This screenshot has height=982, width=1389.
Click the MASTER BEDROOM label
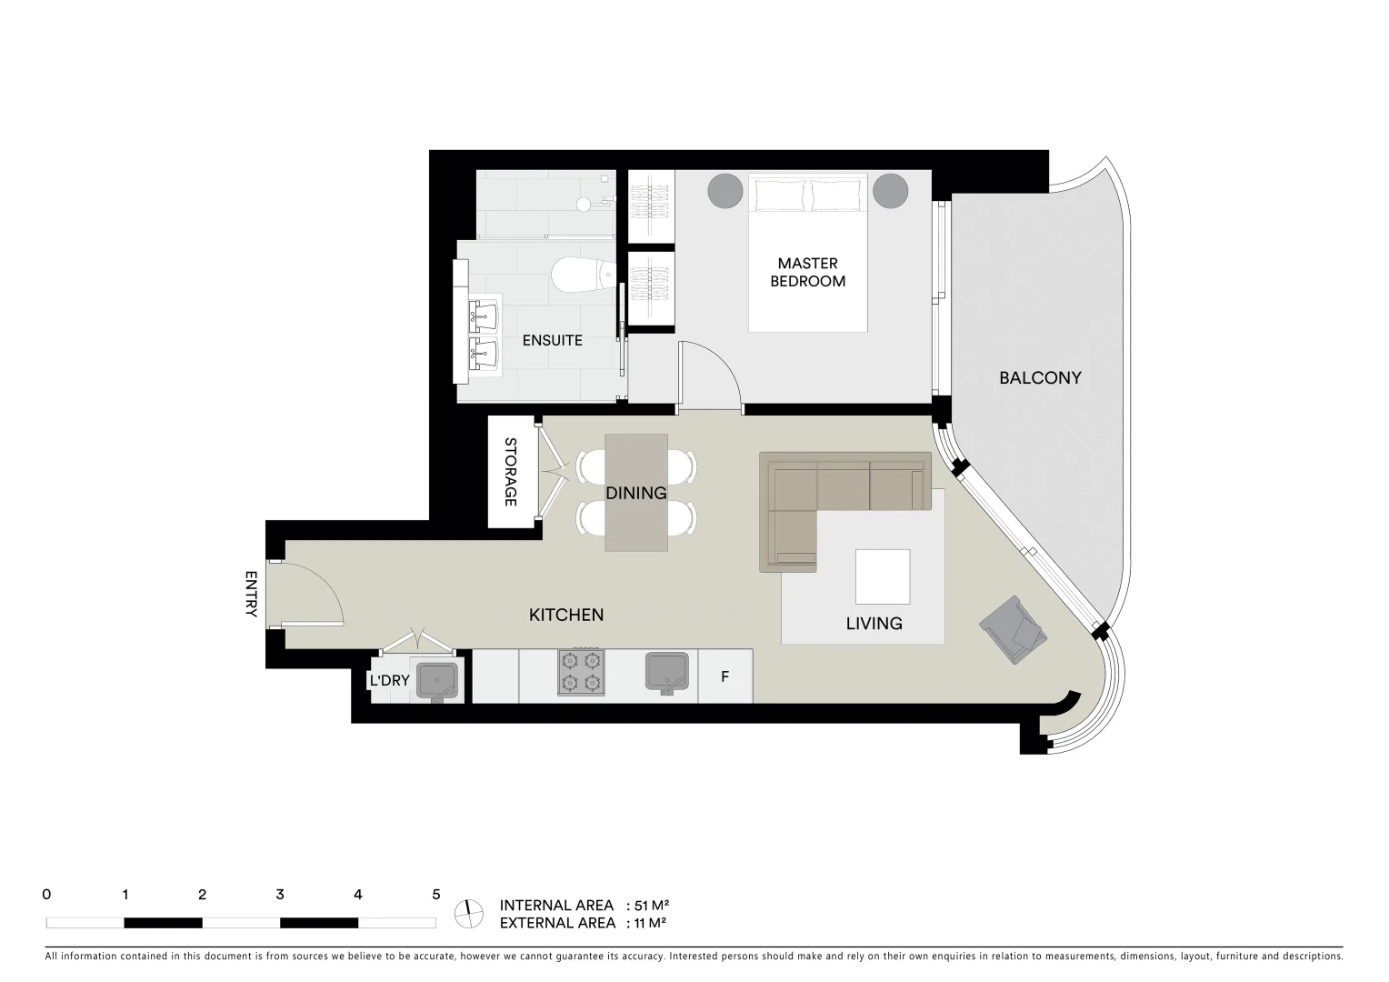click(x=807, y=273)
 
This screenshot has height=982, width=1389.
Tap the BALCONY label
click(x=1040, y=377)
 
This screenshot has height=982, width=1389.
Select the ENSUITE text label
click(x=552, y=340)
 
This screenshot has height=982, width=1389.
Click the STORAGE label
click(x=510, y=472)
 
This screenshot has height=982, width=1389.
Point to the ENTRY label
click(x=252, y=594)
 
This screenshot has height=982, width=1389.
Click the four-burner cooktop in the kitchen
click(x=581, y=672)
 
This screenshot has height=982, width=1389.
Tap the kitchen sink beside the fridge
click(x=669, y=673)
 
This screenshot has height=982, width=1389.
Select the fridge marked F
click(x=724, y=676)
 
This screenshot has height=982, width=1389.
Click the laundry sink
click(x=437, y=680)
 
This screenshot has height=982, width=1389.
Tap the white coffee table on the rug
click(x=882, y=576)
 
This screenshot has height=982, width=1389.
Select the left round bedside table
click(x=725, y=191)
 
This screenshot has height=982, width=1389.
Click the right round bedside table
click(x=891, y=191)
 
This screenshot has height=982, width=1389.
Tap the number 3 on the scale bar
click(x=280, y=895)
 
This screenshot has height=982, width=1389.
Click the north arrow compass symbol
click(x=469, y=913)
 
